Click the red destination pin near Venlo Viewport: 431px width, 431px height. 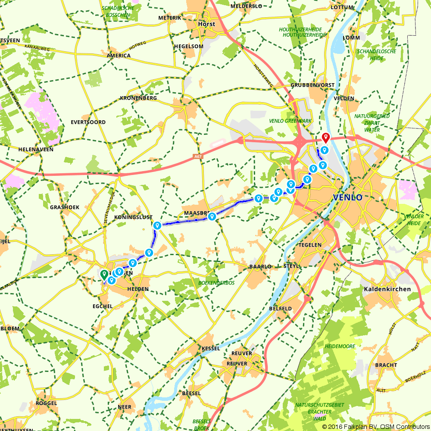click(x=326, y=138)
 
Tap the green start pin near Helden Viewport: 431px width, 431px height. click(x=104, y=274)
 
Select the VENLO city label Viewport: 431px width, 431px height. click(x=347, y=197)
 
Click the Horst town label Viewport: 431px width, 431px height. click(x=206, y=24)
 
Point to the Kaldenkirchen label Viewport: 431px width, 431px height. click(x=387, y=289)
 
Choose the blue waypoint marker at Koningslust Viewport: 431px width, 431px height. click(x=157, y=225)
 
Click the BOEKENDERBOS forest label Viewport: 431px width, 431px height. click(x=216, y=283)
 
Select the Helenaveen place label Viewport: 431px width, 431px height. click(x=36, y=149)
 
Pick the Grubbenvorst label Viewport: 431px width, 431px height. click(x=312, y=85)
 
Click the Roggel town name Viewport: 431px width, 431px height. click(x=47, y=403)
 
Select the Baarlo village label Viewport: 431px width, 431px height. click(x=260, y=267)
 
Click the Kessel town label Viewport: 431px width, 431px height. click(x=210, y=348)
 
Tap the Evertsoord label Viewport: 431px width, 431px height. click(x=88, y=122)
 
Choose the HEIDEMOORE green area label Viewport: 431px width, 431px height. click(x=340, y=346)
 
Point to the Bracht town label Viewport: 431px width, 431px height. click(x=386, y=365)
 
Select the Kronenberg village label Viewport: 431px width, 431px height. click(x=138, y=98)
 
